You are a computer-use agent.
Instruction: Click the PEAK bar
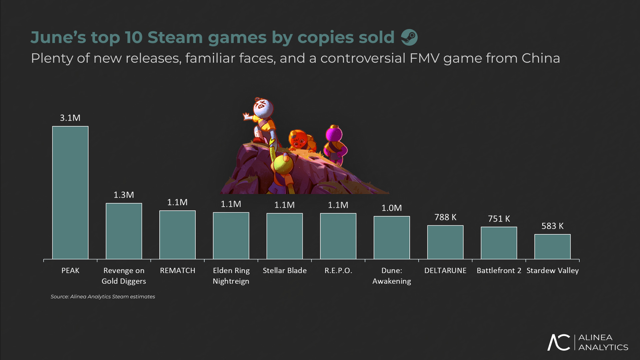point(70,193)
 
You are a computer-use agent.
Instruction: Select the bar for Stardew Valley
point(552,247)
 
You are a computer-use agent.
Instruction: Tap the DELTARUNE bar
point(445,242)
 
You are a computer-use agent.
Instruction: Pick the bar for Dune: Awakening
point(392,238)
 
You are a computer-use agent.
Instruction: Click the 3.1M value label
point(70,118)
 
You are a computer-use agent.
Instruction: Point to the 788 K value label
point(445,217)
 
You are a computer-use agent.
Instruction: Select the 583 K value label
point(552,226)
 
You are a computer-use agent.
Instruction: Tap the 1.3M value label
point(124,195)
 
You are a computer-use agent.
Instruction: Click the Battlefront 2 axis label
point(499,270)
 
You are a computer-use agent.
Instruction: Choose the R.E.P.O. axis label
point(338,270)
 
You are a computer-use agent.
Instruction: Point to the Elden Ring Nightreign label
point(231,276)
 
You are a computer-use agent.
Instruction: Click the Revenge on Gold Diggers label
point(124,276)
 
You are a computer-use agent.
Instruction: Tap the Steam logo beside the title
point(409,37)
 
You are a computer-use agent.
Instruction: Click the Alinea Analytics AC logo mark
point(559,342)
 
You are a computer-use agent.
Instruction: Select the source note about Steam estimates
point(103,296)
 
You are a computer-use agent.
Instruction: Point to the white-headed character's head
point(263,107)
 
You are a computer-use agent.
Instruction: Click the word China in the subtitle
point(541,58)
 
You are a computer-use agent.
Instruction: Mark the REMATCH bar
point(177,235)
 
